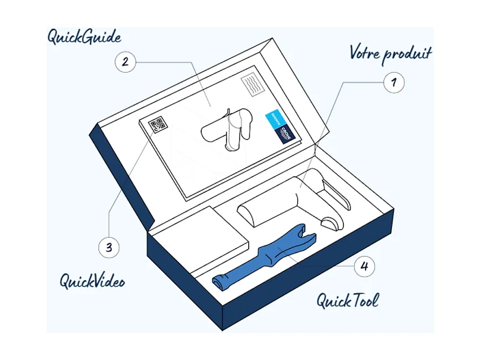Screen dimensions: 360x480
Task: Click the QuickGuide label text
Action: coord(84,37)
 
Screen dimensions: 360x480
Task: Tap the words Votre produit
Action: coord(390,54)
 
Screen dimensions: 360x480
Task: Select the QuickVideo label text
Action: coord(92,281)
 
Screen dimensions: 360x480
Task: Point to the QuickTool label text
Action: coord(348,299)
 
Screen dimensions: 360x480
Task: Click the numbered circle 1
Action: coord(394,83)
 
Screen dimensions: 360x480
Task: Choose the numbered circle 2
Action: coord(125,62)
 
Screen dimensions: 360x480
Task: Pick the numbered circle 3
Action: coord(109,248)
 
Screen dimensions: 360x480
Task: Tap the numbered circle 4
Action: coord(364,266)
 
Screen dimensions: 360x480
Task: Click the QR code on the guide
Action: coord(158,125)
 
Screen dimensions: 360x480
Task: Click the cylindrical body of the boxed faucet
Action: coord(268,208)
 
